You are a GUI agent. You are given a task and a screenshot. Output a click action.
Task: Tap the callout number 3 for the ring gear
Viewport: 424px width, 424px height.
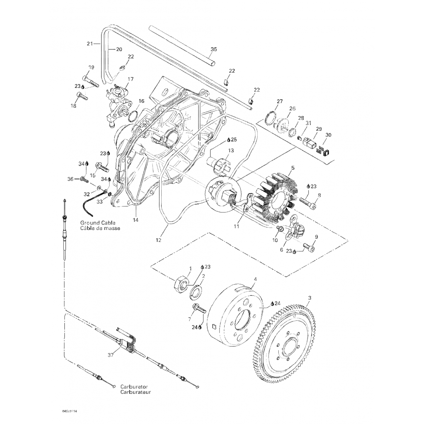click(310, 298)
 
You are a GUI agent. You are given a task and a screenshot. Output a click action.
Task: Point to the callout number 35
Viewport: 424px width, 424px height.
click(214, 49)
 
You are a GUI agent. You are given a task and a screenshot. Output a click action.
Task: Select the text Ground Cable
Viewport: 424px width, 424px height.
click(98, 223)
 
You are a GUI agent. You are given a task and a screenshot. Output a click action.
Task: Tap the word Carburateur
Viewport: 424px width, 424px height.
click(136, 392)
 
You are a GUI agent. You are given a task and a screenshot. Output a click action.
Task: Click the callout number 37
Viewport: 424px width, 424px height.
click(111, 355)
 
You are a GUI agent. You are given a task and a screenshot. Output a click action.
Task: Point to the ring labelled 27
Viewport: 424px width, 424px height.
click(271, 118)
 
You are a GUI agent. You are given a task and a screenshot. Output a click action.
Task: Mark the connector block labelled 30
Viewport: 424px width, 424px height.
click(327, 153)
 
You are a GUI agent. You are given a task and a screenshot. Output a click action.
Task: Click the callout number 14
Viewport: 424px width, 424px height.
click(136, 220)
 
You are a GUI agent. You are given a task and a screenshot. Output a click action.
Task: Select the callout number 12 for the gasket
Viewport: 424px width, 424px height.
click(158, 240)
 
